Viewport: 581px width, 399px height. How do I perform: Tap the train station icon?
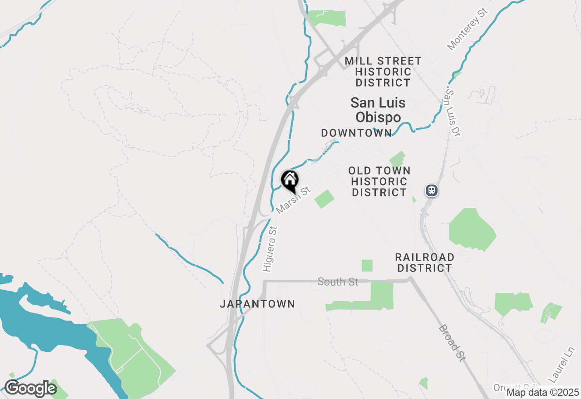click(x=431, y=190)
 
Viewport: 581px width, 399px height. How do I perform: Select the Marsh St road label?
click(x=293, y=199)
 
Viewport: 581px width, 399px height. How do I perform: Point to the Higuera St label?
click(x=271, y=249)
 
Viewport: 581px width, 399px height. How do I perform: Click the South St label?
click(x=338, y=282)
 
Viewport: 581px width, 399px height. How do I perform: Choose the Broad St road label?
click(x=452, y=343)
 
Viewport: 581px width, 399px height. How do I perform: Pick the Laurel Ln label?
click(x=561, y=364)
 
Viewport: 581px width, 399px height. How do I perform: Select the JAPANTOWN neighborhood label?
click(x=257, y=304)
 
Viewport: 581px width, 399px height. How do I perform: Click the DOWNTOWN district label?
click(x=356, y=133)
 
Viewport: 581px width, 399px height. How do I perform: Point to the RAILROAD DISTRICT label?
click(x=424, y=263)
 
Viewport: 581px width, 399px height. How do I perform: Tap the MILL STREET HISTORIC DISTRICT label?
click(x=383, y=72)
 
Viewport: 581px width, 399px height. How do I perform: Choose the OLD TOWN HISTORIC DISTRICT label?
click(x=379, y=181)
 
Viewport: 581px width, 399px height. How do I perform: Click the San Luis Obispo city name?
click(x=378, y=110)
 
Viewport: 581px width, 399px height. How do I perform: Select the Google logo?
click(x=30, y=389)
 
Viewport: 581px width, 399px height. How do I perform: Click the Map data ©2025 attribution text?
click(x=543, y=392)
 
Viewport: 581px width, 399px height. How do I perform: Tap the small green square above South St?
click(x=367, y=266)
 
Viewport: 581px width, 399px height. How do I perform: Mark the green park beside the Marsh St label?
click(x=324, y=199)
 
